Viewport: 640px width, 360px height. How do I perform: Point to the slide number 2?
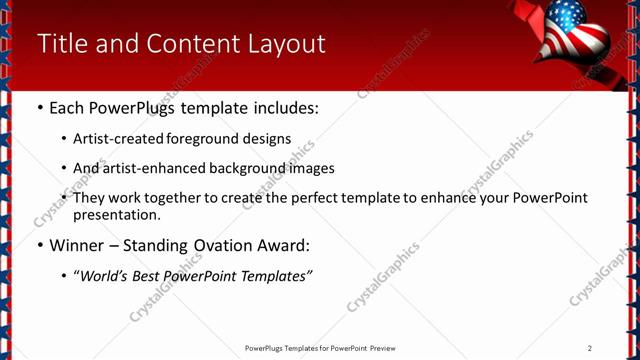(590, 347)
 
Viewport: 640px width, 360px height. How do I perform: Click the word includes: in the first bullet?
(285, 107)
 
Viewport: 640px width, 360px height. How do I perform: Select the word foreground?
(208, 139)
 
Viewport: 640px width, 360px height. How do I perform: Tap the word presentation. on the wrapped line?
(117, 214)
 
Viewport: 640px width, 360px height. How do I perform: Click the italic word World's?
(105, 276)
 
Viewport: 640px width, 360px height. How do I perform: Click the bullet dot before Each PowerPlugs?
(39, 108)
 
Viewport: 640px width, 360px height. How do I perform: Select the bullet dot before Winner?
(39, 246)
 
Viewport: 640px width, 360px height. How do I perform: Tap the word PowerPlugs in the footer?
(266, 348)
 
